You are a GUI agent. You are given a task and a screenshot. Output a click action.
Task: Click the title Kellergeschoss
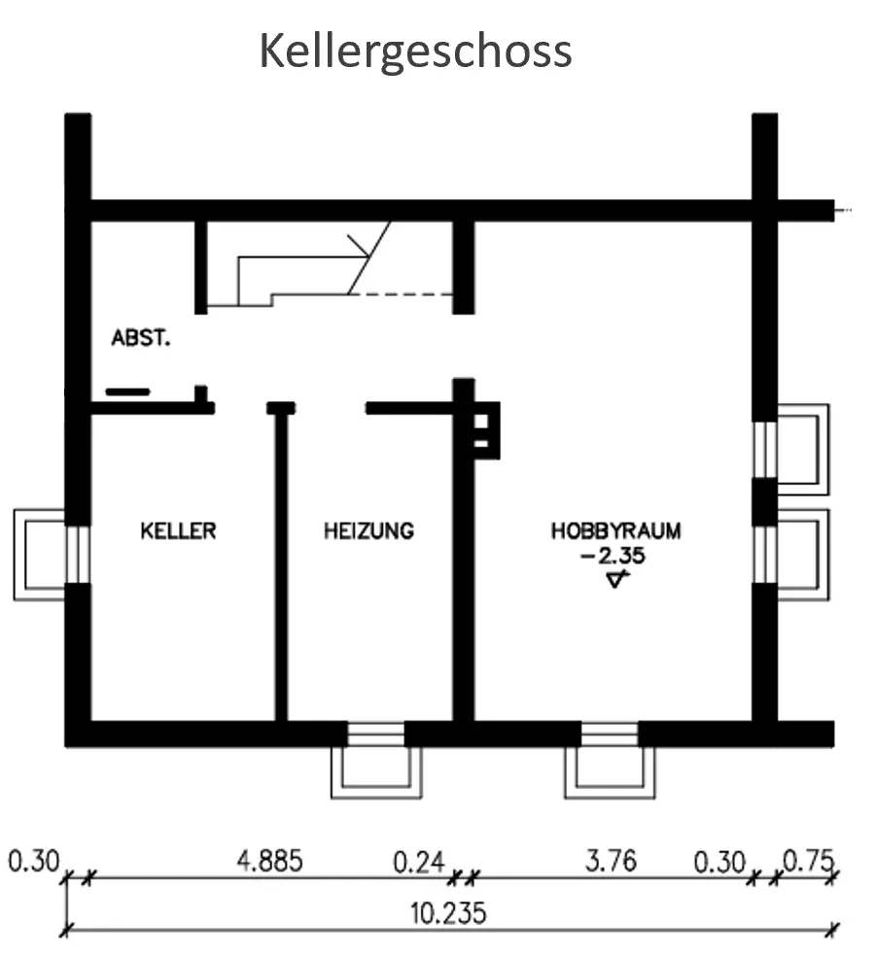click(415, 51)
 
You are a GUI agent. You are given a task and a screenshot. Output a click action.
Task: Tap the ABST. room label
click(141, 338)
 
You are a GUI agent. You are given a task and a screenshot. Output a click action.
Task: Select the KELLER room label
click(178, 531)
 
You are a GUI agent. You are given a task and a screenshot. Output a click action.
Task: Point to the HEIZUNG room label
click(368, 531)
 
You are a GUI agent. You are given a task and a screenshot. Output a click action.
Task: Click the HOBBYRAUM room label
click(616, 531)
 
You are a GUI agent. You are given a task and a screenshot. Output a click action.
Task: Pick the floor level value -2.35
click(613, 557)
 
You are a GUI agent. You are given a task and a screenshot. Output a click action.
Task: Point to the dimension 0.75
click(808, 861)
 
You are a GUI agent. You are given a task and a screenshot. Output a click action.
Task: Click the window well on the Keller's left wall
click(39, 555)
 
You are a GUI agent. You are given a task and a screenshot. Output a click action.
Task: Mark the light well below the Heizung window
click(376, 771)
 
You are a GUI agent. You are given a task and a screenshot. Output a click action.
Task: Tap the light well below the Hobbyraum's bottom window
click(610, 771)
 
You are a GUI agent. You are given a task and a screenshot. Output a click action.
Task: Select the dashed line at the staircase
click(401, 292)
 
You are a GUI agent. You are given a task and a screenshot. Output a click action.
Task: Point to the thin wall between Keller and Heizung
click(281, 568)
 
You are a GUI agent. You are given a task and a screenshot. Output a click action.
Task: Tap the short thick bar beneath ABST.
click(128, 392)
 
